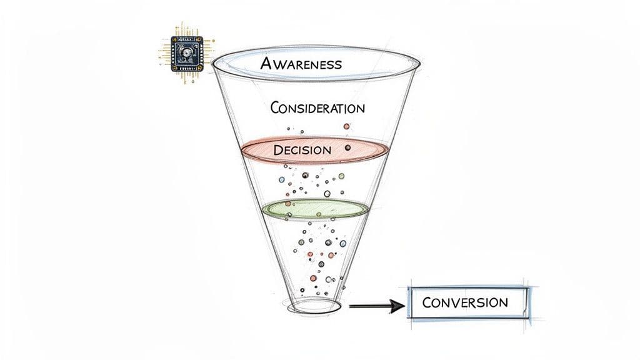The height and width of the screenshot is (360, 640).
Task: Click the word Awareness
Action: (x=301, y=64)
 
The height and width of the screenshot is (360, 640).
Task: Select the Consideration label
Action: (x=317, y=107)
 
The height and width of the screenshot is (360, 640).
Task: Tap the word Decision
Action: (x=302, y=150)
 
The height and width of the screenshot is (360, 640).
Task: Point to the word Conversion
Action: (x=465, y=302)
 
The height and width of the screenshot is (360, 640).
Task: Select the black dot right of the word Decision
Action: (x=348, y=147)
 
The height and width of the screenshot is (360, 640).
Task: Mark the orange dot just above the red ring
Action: (x=346, y=127)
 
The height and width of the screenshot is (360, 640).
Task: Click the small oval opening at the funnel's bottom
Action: (x=312, y=306)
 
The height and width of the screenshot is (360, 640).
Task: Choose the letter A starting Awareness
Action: (x=266, y=63)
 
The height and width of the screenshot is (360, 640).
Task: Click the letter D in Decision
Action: (x=278, y=150)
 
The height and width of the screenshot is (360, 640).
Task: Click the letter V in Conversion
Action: (x=454, y=303)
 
